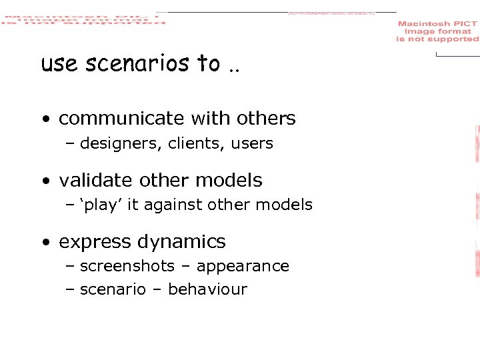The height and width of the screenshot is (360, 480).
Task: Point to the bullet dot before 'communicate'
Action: (x=45, y=120)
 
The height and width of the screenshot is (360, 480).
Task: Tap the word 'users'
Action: (x=251, y=143)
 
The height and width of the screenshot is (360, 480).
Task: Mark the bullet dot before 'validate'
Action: (x=45, y=181)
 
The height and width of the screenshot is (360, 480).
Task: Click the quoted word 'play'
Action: (x=100, y=205)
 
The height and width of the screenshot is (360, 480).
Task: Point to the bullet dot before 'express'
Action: (x=45, y=243)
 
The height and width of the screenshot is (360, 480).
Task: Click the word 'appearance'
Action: (x=243, y=266)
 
